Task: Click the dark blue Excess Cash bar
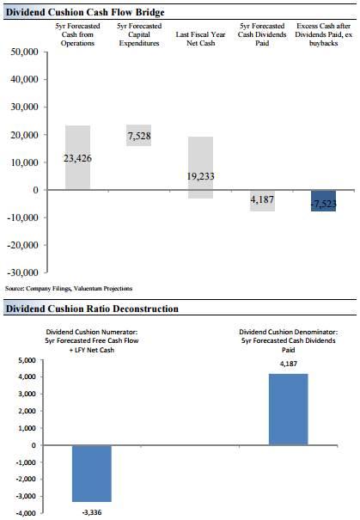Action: pyautogui.click(x=323, y=200)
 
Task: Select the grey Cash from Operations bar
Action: pyautogui.click(x=77, y=157)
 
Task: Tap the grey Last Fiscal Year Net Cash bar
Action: pyautogui.click(x=200, y=168)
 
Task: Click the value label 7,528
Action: pyautogui.click(x=139, y=136)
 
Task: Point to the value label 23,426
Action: pyautogui.click(x=77, y=158)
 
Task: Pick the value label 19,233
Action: pyautogui.click(x=200, y=176)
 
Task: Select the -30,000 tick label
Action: pyautogui.click(x=22, y=272)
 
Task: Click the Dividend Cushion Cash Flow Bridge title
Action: pyautogui.click(x=85, y=12)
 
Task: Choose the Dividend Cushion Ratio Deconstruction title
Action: pyautogui.click(x=92, y=309)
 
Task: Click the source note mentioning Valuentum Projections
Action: pyautogui.click(x=69, y=289)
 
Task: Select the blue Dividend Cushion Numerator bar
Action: pyautogui.click(x=92, y=474)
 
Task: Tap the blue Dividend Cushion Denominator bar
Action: pyautogui.click(x=289, y=409)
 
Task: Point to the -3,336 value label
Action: pyautogui.click(x=92, y=512)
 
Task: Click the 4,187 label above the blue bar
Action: pyautogui.click(x=289, y=364)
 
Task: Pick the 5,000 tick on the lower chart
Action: pyautogui.click(x=28, y=360)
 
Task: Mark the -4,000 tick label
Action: pyautogui.click(x=27, y=513)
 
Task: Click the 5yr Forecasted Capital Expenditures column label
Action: pyautogui.click(x=139, y=34)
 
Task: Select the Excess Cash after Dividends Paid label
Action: pyautogui.click(x=324, y=34)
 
